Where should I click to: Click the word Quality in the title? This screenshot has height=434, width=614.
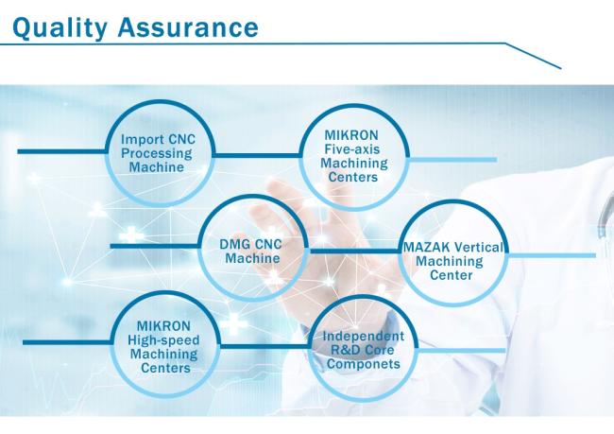click(x=60, y=28)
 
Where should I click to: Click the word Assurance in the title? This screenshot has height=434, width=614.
click(x=188, y=27)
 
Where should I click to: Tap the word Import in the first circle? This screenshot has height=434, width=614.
click(x=143, y=140)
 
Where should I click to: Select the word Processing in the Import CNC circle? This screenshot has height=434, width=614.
click(x=157, y=153)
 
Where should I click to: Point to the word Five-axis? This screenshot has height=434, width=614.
click(x=352, y=149)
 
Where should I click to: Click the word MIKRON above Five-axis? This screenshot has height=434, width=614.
click(x=351, y=135)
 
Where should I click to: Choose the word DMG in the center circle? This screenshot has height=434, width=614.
click(x=234, y=244)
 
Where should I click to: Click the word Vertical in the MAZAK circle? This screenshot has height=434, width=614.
click(x=478, y=248)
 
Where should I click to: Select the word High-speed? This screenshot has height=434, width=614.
click(x=163, y=340)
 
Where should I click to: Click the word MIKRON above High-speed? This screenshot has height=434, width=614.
click(x=163, y=326)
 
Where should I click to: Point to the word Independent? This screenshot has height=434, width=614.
click(x=364, y=336)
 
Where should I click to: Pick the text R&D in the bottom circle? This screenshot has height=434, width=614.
click(x=345, y=350)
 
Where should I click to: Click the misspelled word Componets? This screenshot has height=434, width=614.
click(x=364, y=364)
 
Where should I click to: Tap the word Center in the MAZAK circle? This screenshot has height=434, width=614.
click(x=452, y=275)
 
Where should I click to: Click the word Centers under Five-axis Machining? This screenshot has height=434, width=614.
click(x=353, y=177)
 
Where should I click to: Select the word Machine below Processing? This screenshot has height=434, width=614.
click(x=157, y=167)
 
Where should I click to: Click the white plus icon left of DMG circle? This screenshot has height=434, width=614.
click(x=131, y=234)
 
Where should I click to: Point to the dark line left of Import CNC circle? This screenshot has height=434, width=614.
click(x=61, y=151)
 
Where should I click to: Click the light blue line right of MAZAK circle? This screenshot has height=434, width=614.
click(x=552, y=255)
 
